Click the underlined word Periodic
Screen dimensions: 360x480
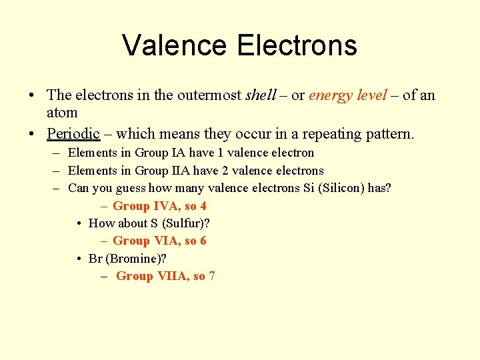coord(73,133)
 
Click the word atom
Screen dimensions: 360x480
coord(62,113)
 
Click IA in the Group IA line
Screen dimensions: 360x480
coord(178,153)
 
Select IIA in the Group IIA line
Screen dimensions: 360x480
coord(181,171)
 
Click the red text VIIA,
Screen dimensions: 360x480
coord(173,276)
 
